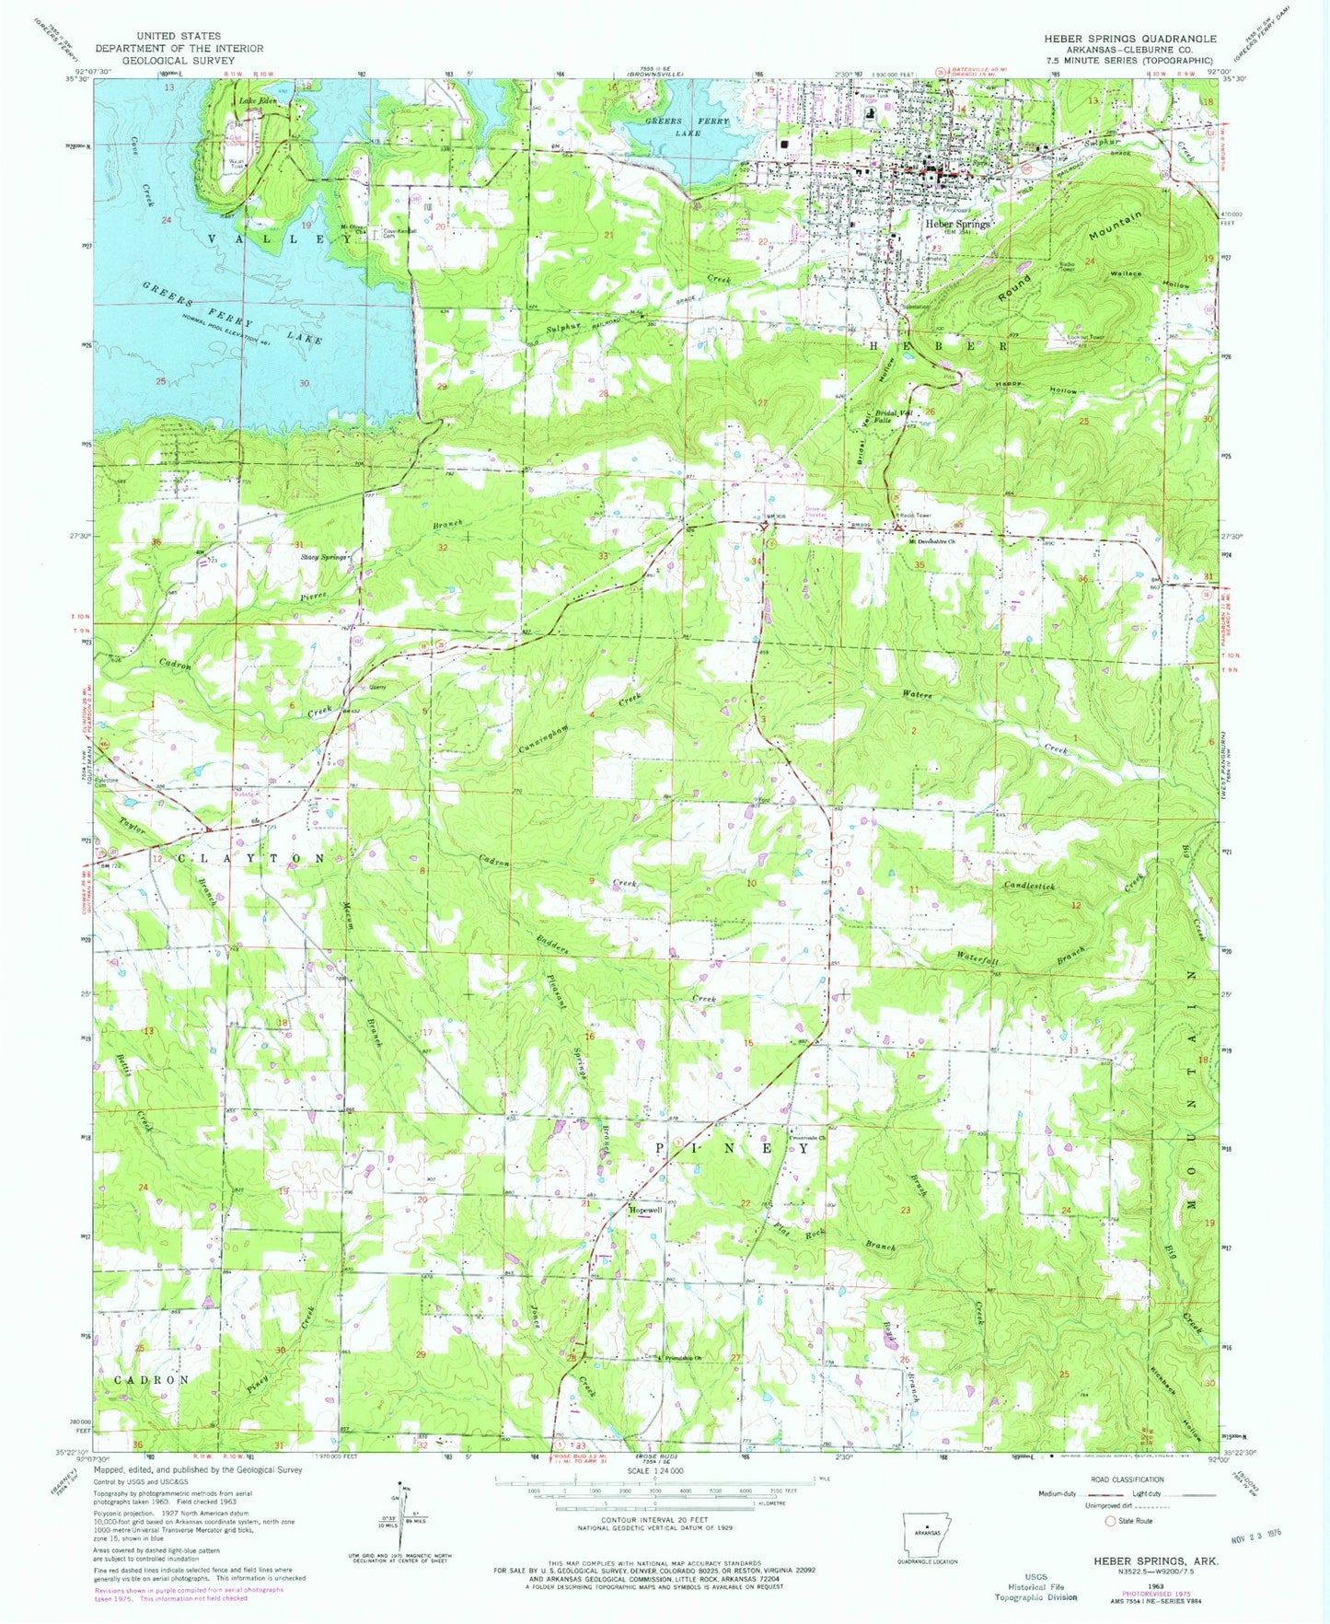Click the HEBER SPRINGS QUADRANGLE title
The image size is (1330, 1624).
coord(1129,39)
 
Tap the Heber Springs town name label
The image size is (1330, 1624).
coord(958,224)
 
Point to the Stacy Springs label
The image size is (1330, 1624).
coord(322,557)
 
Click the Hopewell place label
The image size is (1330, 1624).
coord(645,1210)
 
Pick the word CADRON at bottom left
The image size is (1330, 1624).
coord(153,1379)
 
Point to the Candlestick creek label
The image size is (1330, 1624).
coord(1028,886)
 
